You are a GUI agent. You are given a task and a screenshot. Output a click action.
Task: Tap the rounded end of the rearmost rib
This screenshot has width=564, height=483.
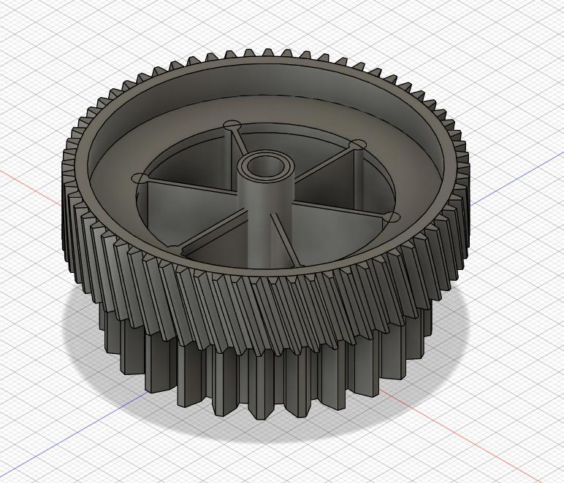pos(232,125)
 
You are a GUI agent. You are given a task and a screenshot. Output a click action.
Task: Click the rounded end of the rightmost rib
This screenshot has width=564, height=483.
pos(391,217)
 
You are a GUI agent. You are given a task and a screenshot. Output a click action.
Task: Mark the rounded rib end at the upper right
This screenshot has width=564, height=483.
pos(358,145)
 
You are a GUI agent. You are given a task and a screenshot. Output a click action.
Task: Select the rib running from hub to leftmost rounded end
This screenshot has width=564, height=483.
pos(190,175)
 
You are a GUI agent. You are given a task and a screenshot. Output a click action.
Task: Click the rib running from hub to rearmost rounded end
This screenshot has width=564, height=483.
pos(239,142)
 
